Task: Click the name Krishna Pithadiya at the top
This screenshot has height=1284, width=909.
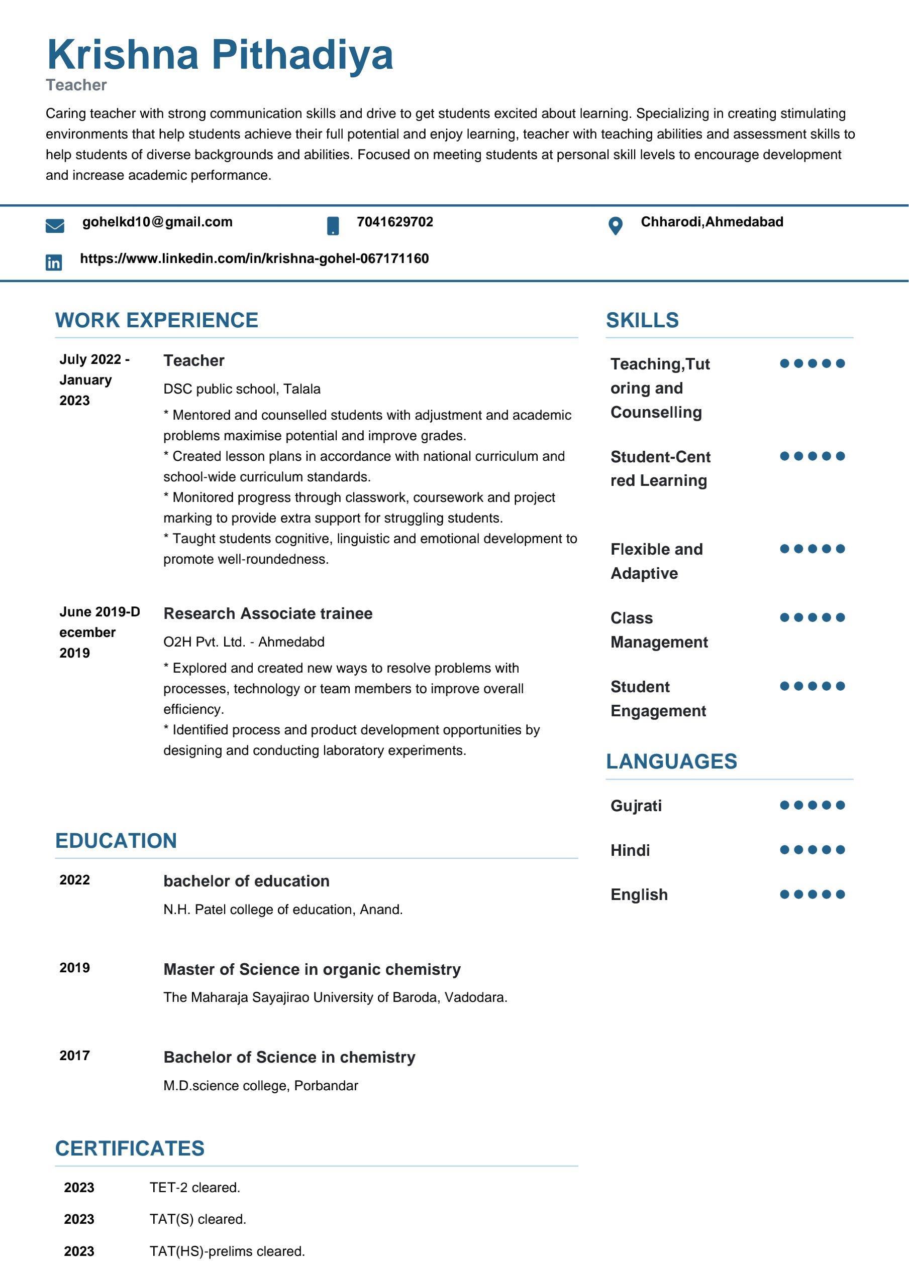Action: (220, 55)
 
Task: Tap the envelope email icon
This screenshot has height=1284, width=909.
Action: (55, 226)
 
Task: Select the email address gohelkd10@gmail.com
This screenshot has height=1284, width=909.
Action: (157, 222)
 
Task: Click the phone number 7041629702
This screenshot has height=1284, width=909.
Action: (394, 222)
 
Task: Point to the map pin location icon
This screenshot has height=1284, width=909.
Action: (615, 226)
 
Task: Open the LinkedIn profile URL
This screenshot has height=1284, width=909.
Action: (254, 259)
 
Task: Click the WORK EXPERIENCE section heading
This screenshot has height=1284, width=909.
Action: (157, 320)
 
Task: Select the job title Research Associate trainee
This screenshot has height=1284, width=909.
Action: (267, 613)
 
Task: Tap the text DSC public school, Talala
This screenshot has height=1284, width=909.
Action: (242, 389)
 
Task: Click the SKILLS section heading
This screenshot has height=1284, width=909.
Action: (642, 320)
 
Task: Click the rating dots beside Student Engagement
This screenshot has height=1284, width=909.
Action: (812, 686)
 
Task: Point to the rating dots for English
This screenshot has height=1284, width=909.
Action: (812, 894)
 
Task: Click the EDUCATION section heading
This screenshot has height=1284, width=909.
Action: (116, 841)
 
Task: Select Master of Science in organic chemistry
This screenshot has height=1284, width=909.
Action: (312, 969)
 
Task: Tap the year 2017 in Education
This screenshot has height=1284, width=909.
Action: (74, 1055)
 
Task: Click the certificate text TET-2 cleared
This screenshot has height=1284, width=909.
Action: (195, 1187)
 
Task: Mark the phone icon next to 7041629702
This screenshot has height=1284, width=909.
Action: (333, 226)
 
